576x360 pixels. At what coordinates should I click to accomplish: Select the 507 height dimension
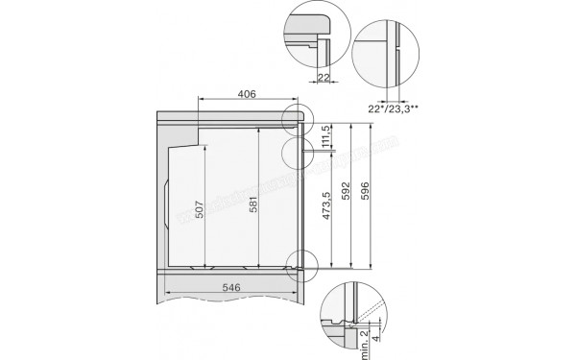(x=200, y=210)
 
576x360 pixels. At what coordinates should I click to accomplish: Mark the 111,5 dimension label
(x=327, y=134)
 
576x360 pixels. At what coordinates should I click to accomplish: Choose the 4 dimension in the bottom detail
(x=377, y=339)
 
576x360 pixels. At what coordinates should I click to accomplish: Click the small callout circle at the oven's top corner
(x=298, y=116)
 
